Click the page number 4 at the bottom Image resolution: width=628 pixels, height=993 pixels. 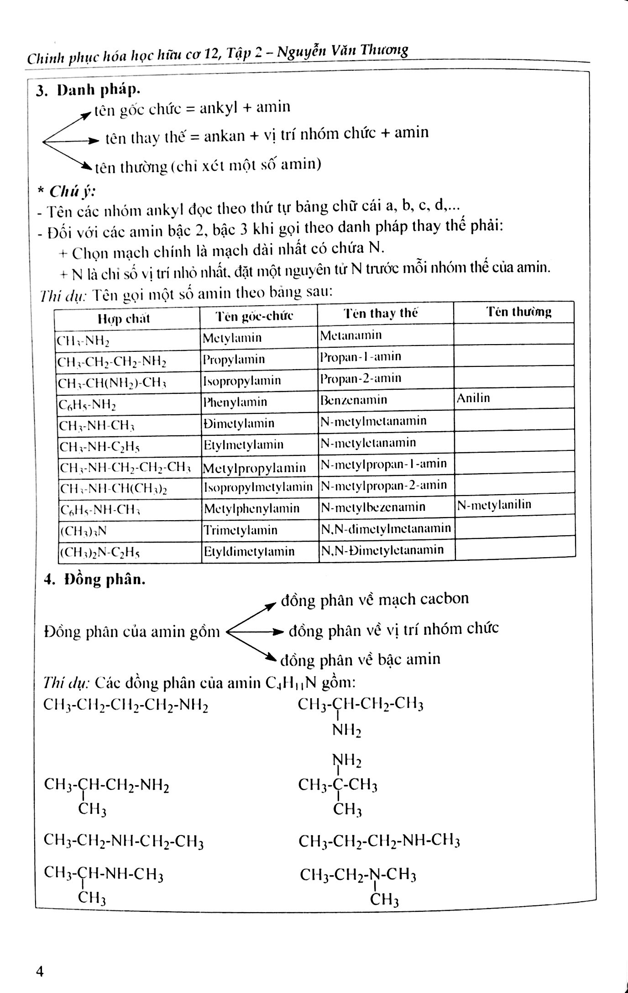click(x=40, y=972)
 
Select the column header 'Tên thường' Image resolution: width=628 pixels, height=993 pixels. click(x=518, y=312)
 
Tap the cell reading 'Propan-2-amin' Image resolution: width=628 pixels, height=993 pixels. click(x=361, y=378)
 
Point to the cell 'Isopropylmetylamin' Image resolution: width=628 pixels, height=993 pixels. click(x=258, y=487)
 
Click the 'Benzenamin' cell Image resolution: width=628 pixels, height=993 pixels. click(x=354, y=400)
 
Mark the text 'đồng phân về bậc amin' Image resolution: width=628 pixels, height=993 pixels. click(x=361, y=659)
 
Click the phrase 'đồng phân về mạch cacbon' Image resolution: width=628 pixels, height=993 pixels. click(x=375, y=599)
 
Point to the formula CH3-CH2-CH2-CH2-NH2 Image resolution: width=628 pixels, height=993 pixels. click(x=126, y=706)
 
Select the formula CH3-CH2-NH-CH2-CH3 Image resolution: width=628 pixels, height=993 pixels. click(x=123, y=841)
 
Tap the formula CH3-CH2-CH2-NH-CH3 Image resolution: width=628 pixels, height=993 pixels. click(x=379, y=841)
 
